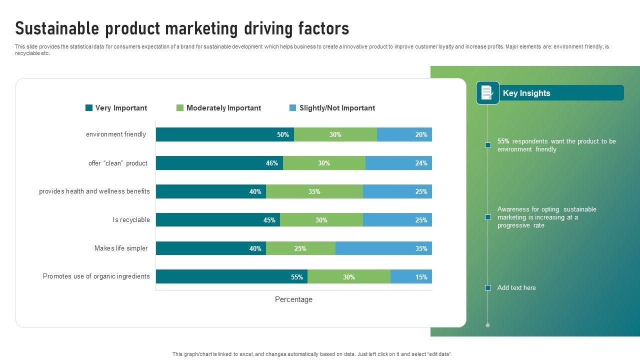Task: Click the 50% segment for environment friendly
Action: (x=225, y=134)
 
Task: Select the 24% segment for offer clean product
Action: (x=398, y=163)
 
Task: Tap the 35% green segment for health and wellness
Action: (x=314, y=191)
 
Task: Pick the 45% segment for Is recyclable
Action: (x=218, y=220)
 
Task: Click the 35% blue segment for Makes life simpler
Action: (x=383, y=248)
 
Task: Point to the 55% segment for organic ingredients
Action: (x=231, y=277)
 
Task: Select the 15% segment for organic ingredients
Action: (x=411, y=277)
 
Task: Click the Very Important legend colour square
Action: (x=89, y=108)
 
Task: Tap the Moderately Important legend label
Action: (x=223, y=108)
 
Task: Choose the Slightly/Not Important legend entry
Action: (x=337, y=108)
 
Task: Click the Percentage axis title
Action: (x=293, y=299)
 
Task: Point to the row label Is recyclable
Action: (x=131, y=220)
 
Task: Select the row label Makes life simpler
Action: (x=121, y=248)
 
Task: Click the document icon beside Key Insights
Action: (x=487, y=92)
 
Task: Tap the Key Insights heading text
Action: (x=526, y=93)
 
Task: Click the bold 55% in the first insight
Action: (x=503, y=141)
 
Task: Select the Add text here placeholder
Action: (x=516, y=288)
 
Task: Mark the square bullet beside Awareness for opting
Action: (x=488, y=217)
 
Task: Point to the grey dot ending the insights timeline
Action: (x=488, y=325)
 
